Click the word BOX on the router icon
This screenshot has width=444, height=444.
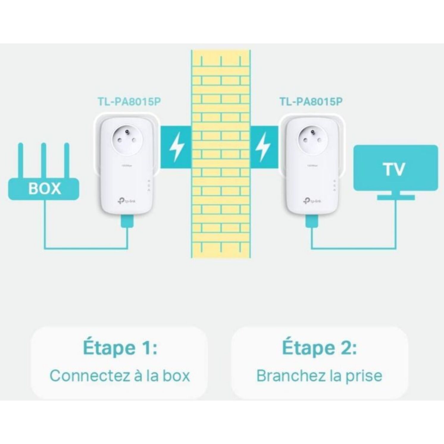click(x=44, y=188)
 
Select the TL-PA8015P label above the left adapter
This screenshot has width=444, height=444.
click(x=129, y=102)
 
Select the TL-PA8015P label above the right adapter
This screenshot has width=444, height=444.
click(x=311, y=102)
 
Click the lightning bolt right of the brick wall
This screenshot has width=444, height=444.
click(x=263, y=147)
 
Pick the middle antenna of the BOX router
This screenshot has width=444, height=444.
click(x=44, y=161)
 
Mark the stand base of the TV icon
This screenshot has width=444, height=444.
click(x=396, y=197)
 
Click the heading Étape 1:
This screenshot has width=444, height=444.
click(x=120, y=348)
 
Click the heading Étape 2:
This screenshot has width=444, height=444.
click(x=319, y=348)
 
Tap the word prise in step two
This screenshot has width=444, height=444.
click(x=364, y=376)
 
